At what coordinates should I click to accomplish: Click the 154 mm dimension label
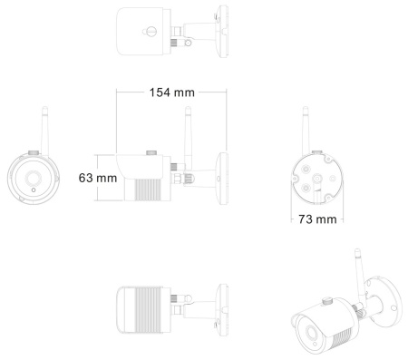(x=173, y=92)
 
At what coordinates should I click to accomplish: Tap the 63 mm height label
(x=98, y=178)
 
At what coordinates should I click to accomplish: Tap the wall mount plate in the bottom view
(x=220, y=306)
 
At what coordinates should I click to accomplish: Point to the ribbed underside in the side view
(x=148, y=189)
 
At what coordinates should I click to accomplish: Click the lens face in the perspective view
(x=305, y=325)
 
